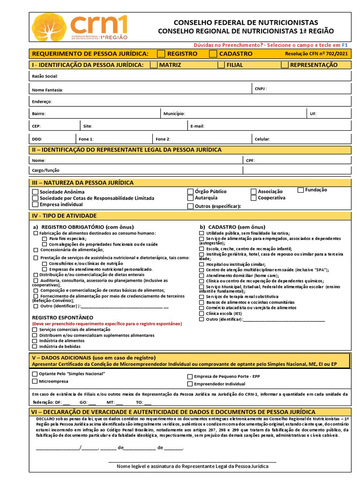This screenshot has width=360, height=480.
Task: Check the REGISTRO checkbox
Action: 161,54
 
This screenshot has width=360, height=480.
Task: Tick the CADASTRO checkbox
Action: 213,54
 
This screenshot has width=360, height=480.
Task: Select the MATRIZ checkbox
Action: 154,65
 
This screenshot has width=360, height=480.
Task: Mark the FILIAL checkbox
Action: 221,65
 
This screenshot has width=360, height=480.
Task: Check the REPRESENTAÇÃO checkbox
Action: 285,65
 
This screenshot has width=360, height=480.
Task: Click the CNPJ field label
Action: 261,88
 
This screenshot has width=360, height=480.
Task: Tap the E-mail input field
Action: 277,126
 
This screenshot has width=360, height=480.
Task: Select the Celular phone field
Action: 309,139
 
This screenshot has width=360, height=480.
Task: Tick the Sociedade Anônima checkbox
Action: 35,192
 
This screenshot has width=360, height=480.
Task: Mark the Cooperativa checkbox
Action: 254,198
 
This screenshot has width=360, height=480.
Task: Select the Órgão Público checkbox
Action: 190,191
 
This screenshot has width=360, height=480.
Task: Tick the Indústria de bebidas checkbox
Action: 35,346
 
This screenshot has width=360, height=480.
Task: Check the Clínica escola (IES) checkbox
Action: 202,314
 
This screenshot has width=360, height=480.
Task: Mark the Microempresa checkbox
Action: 35,382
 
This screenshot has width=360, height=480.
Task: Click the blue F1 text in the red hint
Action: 345,45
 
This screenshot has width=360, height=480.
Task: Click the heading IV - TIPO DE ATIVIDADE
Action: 64,216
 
